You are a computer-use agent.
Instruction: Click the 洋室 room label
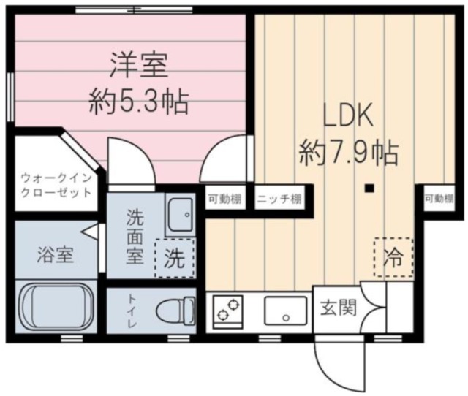[x=139, y=66]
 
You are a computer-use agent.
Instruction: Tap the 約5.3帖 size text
[x=139, y=102]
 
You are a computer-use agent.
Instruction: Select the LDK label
[x=349, y=117]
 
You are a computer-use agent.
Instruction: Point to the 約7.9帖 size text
[x=349, y=153]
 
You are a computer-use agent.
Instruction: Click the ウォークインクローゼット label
[x=56, y=184]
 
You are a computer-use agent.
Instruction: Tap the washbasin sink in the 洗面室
[x=179, y=215]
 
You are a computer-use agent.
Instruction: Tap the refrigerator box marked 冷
[x=393, y=256]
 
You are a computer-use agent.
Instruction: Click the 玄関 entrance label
[x=339, y=308]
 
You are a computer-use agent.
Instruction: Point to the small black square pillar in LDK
[x=370, y=189]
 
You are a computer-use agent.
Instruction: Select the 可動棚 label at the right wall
[x=438, y=198]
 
